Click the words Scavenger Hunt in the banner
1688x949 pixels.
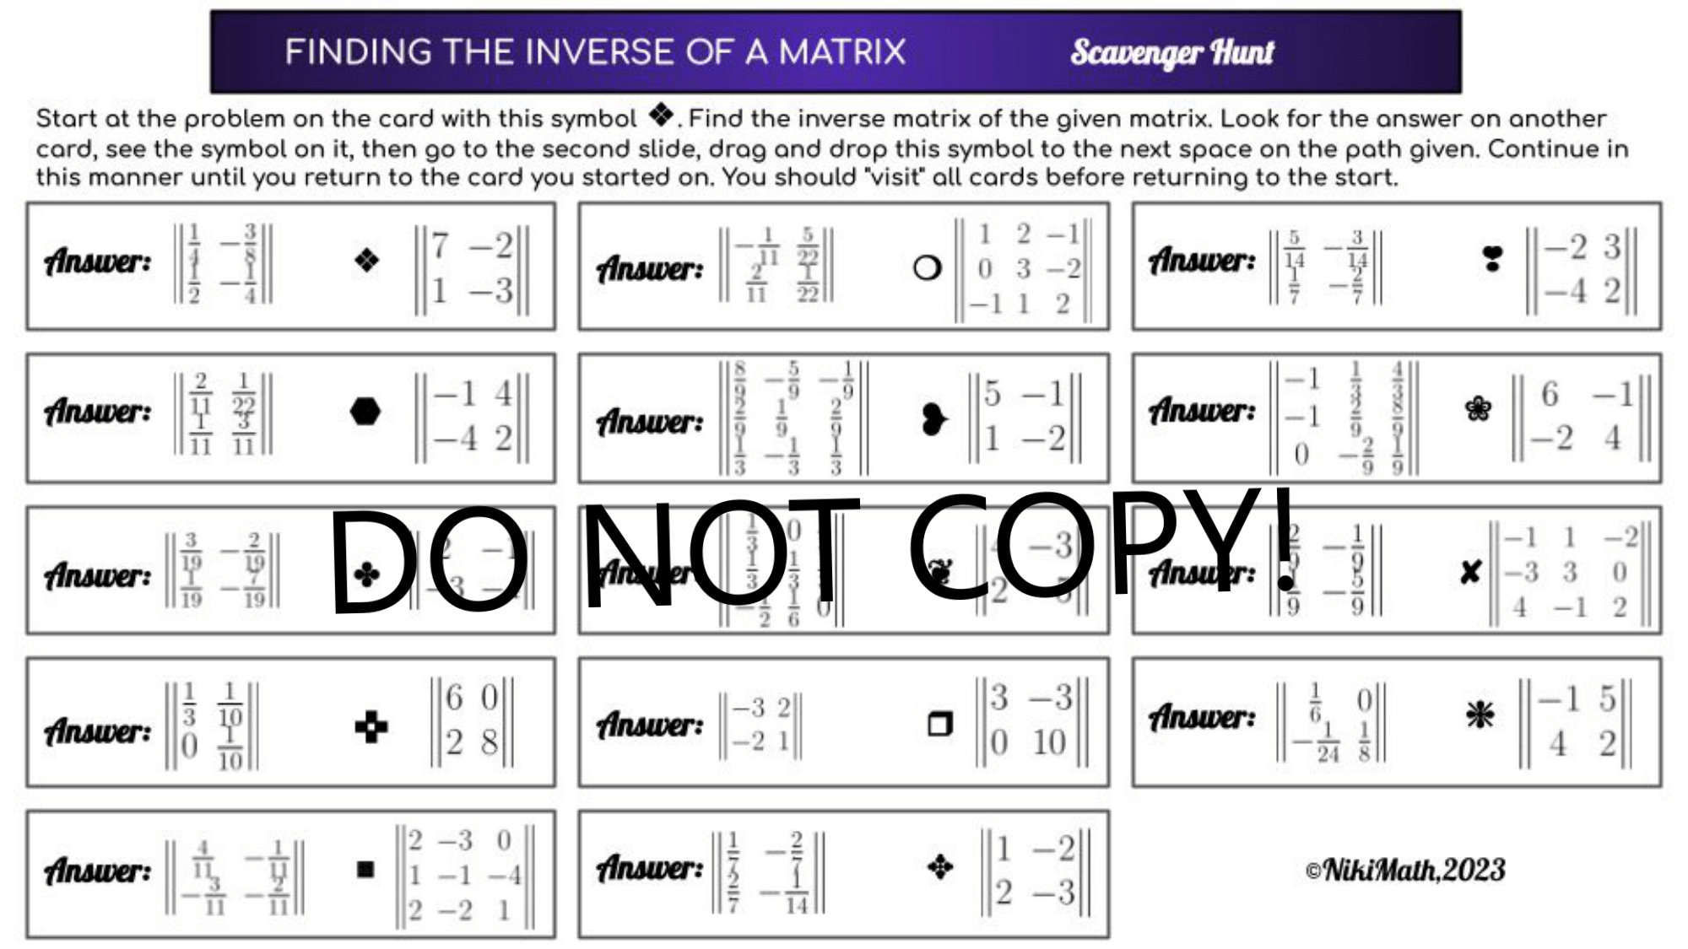tap(1171, 53)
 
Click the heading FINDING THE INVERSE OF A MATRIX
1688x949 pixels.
tap(595, 52)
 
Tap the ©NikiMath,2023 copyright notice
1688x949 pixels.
tap(1404, 870)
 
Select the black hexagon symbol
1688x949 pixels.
tap(365, 412)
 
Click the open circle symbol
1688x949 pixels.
tap(927, 268)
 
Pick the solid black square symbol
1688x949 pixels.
tap(365, 869)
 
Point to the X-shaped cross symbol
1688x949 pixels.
tap(1470, 573)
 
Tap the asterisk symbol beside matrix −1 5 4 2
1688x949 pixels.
tap(1480, 715)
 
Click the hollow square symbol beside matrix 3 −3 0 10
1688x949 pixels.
tap(939, 724)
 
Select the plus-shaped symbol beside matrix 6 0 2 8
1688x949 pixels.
tap(371, 726)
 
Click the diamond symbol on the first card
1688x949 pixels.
tap(366, 260)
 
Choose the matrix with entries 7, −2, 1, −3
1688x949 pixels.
tap(472, 269)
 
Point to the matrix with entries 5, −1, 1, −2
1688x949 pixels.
tap(1024, 417)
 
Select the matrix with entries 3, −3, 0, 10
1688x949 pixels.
tap(1031, 720)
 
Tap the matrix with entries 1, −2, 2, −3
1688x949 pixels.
tap(1035, 871)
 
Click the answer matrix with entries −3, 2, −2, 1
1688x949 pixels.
tap(760, 725)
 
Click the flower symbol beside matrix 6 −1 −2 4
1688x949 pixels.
tap(1478, 409)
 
